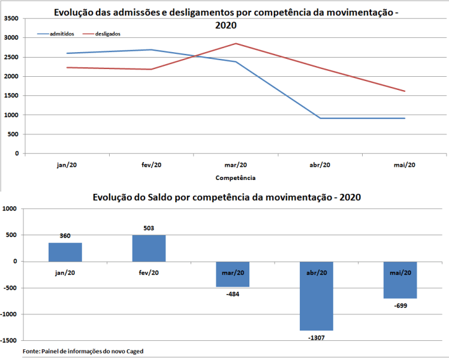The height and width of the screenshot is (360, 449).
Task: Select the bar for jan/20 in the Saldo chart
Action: coord(65,252)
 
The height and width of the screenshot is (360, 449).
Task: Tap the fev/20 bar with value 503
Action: coord(149,248)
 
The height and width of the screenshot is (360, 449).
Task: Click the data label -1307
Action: coord(316,337)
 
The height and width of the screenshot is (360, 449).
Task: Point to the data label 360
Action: coord(65,236)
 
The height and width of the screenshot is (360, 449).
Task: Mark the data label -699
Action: coord(400,305)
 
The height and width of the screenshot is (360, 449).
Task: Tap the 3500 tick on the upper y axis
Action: coord(11,19)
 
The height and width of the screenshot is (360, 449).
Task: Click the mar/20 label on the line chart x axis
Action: coord(236,165)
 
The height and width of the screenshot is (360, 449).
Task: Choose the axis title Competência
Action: coord(236,178)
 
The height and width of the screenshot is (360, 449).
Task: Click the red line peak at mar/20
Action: coord(236,43)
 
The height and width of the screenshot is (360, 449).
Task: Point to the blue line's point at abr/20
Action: coord(320,118)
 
